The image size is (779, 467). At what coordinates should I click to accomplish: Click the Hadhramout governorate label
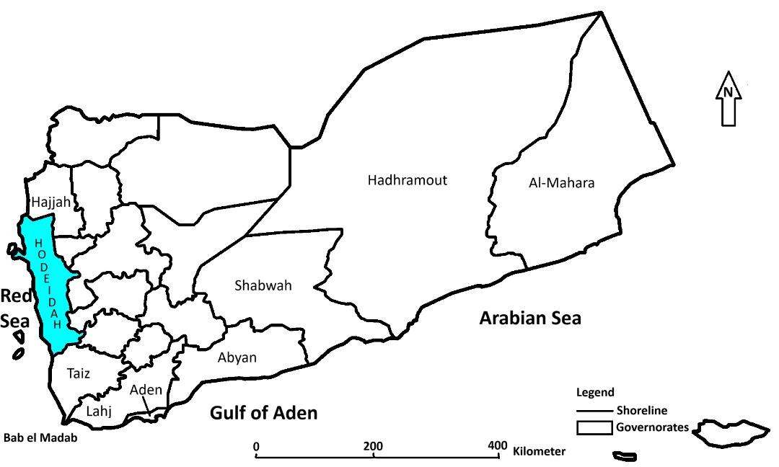tap(407, 180)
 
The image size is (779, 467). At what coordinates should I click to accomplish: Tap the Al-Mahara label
tap(561, 183)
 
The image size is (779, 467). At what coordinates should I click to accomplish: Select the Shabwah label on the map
tap(263, 285)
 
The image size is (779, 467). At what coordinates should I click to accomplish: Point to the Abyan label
tap(237, 357)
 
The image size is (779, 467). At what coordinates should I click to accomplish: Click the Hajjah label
tap(50, 203)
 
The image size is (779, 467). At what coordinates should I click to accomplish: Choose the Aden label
tap(146, 390)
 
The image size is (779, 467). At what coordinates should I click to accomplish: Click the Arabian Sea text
tap(530, 318)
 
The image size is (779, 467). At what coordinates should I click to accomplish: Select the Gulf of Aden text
tap(263, 413)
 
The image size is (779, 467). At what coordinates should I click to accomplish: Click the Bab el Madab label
tap(39, 437)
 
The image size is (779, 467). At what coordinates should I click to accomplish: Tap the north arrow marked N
tap(729, 99)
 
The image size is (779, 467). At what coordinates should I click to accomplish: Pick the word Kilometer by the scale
tap(539, 452)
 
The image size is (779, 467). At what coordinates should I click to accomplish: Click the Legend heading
tap(595, 393)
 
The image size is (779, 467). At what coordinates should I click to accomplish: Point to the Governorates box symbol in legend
tap(594, 428)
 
